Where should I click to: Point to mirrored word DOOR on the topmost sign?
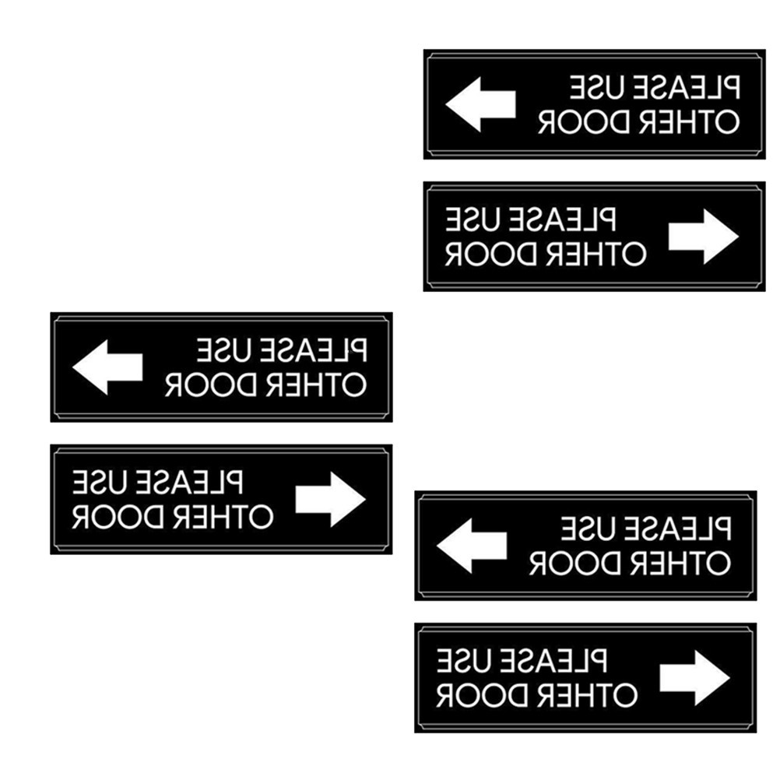tap(574, 123)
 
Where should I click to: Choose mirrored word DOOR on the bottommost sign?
tap(472, 695)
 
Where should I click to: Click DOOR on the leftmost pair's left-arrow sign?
tap(201, 385)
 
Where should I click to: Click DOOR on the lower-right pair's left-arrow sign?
tap(565, 563)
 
